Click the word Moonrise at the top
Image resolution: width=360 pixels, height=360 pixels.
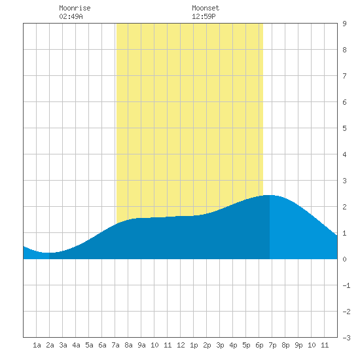tap(75, 8)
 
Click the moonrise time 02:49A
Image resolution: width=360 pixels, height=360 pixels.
tap(71, 16)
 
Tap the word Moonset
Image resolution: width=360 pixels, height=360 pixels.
tap(206, 8)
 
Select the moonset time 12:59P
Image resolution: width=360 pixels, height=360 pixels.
tap(204, 16)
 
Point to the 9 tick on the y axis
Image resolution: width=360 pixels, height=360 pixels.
tap(344, 24)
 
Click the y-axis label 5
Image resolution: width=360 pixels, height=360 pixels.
tap(344, 128)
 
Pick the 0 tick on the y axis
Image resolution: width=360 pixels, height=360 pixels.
tap(344, 259)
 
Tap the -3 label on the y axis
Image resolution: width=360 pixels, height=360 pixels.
tap(346, 338)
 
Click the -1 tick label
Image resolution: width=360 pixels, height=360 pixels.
tap(346, 285)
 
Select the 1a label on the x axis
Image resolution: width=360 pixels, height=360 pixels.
tap(37, 345)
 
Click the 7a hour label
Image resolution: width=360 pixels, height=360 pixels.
tap(115, 345)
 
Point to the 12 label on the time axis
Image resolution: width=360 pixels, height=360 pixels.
tap(181, 345)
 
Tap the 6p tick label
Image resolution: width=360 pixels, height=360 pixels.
tap(259, 345)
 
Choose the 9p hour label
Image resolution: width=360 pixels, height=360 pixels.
tap(298, 345)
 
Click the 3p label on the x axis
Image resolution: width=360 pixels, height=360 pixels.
tap(220, 345)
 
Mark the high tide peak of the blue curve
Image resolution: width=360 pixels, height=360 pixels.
tap(269, 195)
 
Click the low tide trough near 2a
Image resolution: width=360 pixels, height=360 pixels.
tap(48, 253)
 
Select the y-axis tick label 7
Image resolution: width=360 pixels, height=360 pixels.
tap(344, 76)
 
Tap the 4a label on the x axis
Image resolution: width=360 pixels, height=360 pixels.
tap(76, 345)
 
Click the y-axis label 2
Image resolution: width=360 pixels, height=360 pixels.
tap(344, 207)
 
